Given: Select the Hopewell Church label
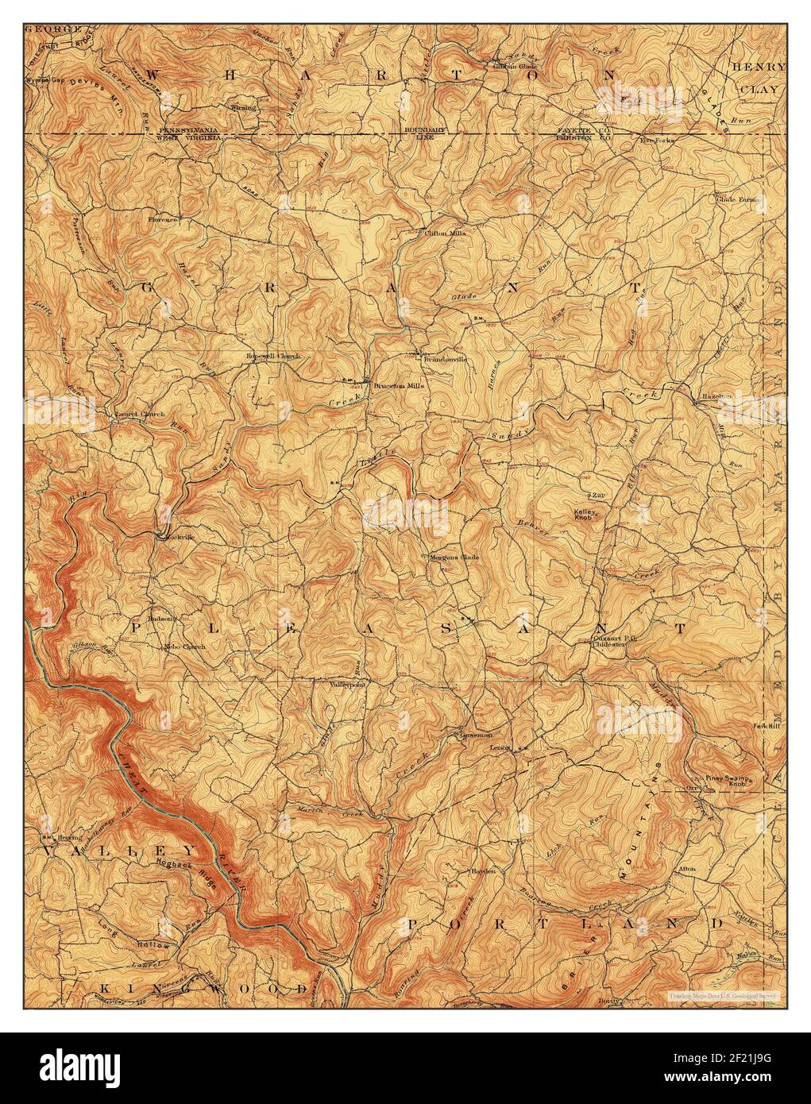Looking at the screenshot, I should [273, 357].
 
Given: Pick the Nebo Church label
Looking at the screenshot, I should [183, 647].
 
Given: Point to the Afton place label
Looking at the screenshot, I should [685, 869].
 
